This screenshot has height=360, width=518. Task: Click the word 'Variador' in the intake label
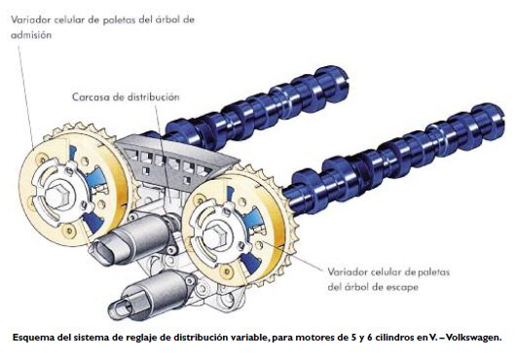(31, 19)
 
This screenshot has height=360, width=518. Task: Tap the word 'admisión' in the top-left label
(31, 35)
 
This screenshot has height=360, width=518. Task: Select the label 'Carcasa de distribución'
(126, 97)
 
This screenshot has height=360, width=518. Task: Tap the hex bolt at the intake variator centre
(56, 196)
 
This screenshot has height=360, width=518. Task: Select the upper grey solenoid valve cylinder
(134, 237)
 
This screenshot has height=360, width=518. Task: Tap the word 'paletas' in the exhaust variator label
(432, 272)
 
